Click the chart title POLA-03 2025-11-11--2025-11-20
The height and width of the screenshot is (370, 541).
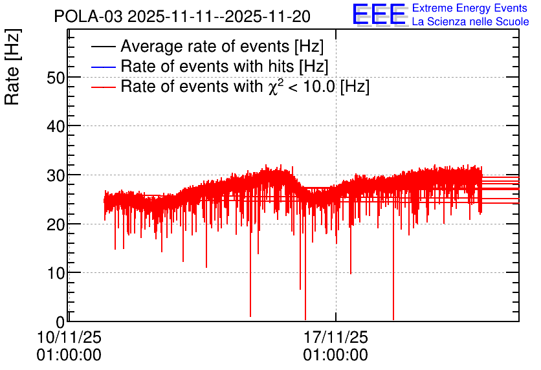pos(182,16)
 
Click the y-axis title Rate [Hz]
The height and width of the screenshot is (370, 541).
pos(12,67)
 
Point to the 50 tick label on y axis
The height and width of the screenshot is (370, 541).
pos(56,78)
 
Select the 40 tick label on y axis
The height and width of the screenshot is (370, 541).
pos(56,127)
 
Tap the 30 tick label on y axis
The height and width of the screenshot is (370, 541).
pos(56,176)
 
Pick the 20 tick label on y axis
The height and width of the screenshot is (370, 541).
pos(56,225)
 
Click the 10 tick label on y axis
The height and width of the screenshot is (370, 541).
pos(56,274)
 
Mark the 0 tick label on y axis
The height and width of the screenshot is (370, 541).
pos(61,322)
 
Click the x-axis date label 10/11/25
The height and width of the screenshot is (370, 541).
pos(69,337)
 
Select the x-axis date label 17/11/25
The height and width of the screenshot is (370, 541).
pos(336,337)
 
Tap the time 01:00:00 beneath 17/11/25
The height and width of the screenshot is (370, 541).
pos(336,355)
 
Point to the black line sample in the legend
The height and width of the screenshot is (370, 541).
pos(103,47)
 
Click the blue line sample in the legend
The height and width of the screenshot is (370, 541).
pos(103,67)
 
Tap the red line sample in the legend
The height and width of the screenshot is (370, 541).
pos(103,87)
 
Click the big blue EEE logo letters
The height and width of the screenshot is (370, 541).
pos(379,14)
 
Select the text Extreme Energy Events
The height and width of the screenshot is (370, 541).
pos(470,8)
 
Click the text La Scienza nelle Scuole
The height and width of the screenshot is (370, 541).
pos(470,21)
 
